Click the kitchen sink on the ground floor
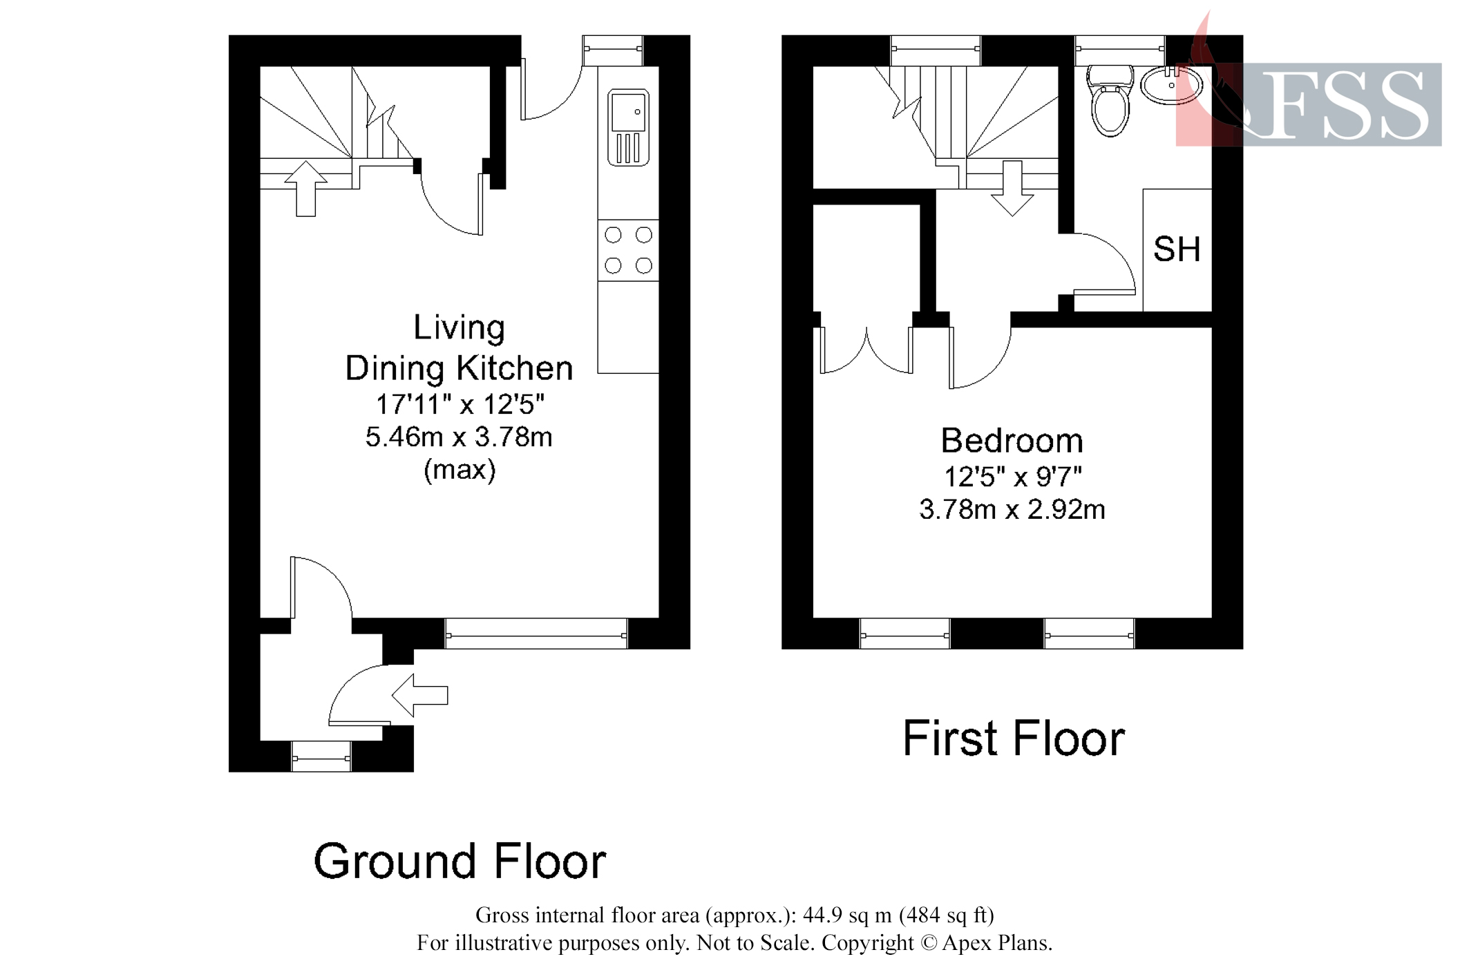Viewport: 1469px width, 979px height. click(x=627, y=127)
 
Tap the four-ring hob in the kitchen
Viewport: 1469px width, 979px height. click(x=627, y=250)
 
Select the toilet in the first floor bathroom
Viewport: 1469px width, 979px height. click(x=1110, y=101)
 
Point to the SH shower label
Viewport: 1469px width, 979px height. click(x=1176, y=249)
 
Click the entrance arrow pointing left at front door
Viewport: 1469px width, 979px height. click(x=419, y=695)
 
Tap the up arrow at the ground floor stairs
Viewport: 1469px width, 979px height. click(x=305, y=188)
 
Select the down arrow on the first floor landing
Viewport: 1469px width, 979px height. click(x=1012, y=188)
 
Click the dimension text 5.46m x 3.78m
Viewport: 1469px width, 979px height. click(x=459, y=437)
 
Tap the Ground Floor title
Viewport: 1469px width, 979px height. click(x=459, y=862)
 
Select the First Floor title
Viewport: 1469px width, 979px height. click(x=1013, y=739)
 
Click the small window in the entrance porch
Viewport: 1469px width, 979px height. click(x=321, y=757)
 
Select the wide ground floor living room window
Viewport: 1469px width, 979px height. click(x=536, y=634)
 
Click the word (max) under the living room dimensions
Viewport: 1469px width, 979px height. click(x=459, y=471)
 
